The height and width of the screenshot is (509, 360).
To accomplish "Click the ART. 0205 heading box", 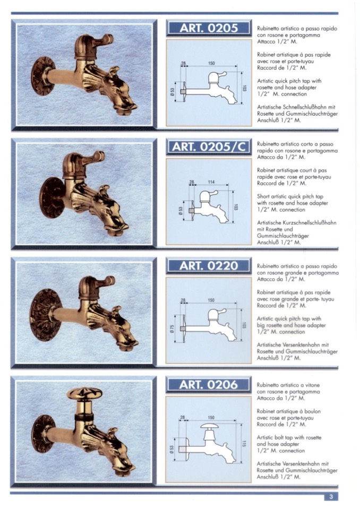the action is [209, 28].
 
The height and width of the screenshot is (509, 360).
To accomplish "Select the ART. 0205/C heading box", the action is [209, 146].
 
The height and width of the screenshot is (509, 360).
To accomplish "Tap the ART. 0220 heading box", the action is [209, 265].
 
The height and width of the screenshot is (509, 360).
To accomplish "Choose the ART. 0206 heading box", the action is [209, 385].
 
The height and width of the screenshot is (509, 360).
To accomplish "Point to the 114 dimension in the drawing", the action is [211, 182].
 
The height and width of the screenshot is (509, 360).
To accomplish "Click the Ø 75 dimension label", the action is [172, 329].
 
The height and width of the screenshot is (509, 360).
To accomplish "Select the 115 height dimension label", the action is [244, 443].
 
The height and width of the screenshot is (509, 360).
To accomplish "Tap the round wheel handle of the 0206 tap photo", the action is [84, 394].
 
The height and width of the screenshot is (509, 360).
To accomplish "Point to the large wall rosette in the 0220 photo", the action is [46, 315].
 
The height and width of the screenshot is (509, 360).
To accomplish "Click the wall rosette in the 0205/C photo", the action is [52, 197].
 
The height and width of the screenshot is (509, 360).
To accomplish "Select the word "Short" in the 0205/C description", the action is [263, 196].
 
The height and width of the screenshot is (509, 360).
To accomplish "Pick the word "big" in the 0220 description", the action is [261, 325].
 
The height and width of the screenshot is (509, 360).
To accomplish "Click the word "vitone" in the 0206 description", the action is [312, 385].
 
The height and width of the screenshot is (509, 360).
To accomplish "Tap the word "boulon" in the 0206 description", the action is [313, 411].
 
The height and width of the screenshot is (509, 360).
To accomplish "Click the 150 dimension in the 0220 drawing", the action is [211, 300].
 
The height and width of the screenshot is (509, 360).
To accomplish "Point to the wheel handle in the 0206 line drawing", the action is [211, 426].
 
